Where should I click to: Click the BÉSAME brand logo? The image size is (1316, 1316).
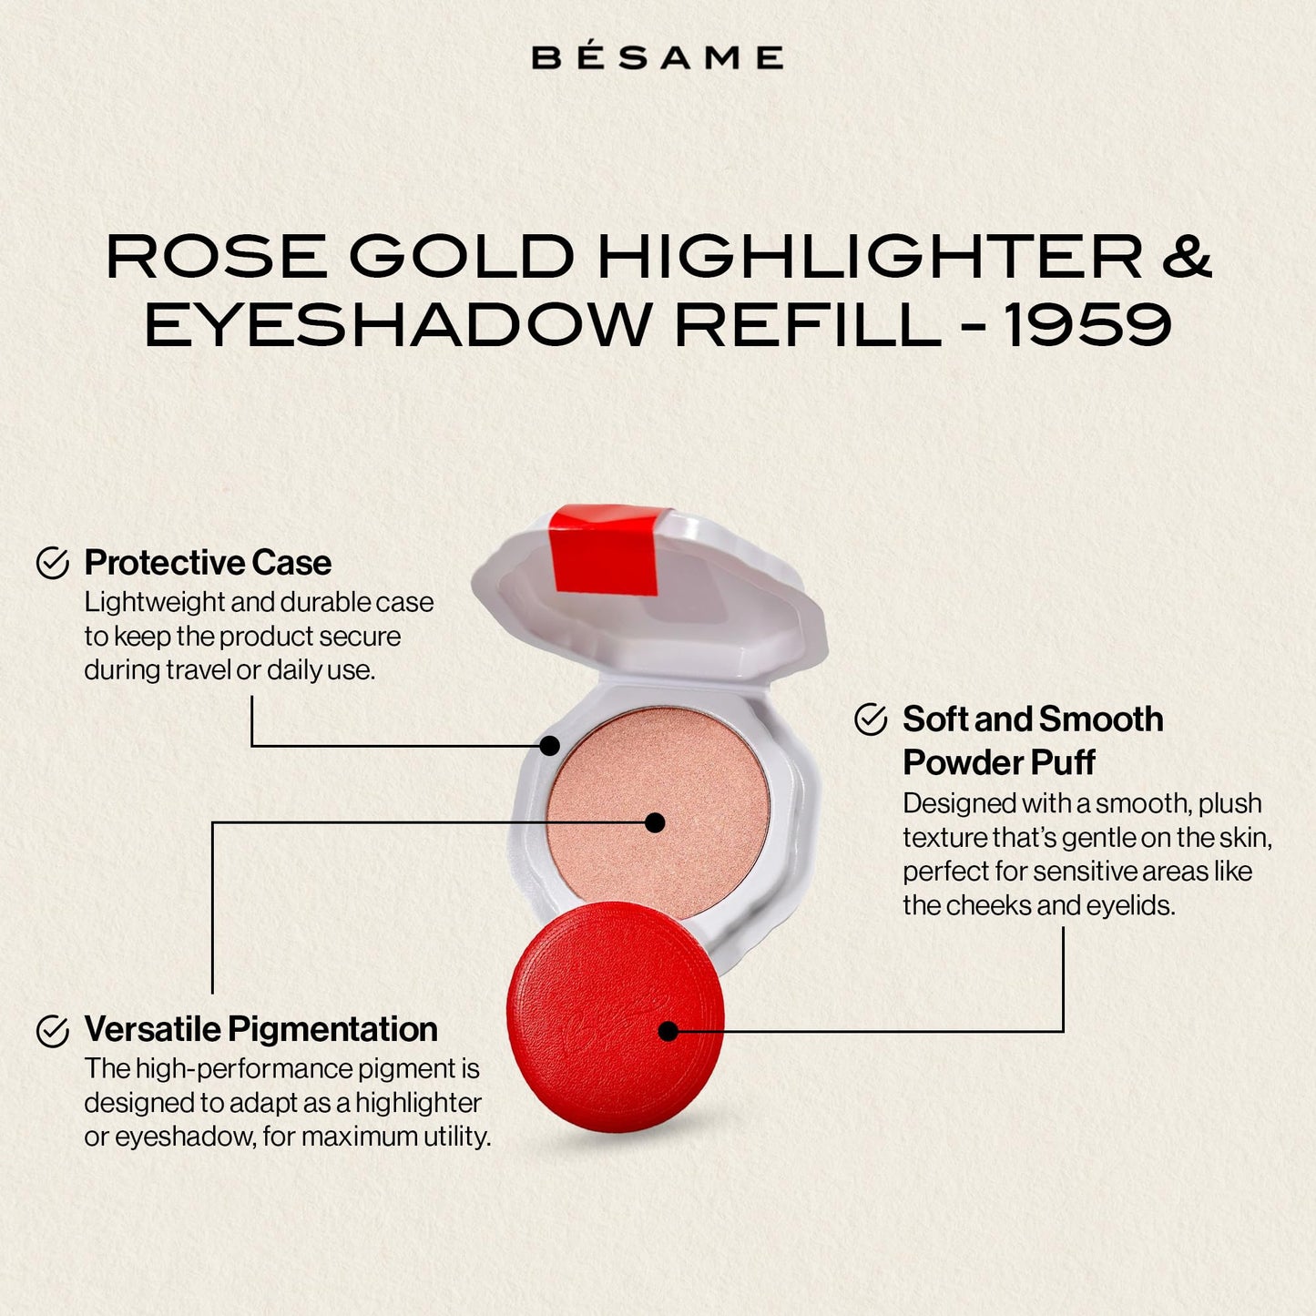point(657,57)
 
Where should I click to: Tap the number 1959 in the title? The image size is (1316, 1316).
point(1087,325)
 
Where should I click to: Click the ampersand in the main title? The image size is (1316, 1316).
point(1187,256)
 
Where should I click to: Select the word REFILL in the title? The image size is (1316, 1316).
point(808,325)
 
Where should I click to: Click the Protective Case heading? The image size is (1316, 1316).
point(208,563)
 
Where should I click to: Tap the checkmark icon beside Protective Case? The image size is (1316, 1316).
point(53,563)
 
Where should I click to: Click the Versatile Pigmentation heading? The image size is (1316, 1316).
point(260,1029)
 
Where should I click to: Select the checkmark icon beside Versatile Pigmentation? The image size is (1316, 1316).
point(53,1031)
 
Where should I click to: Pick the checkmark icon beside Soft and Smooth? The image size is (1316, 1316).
point(871,719)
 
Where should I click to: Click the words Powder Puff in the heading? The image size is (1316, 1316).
point(998,762)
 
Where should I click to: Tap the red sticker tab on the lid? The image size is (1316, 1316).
point(605,548)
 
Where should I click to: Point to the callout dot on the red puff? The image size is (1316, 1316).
point(668,1031)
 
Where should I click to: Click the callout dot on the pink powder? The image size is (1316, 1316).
point(655,822)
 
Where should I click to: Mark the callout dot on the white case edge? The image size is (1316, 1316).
point(549,746)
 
